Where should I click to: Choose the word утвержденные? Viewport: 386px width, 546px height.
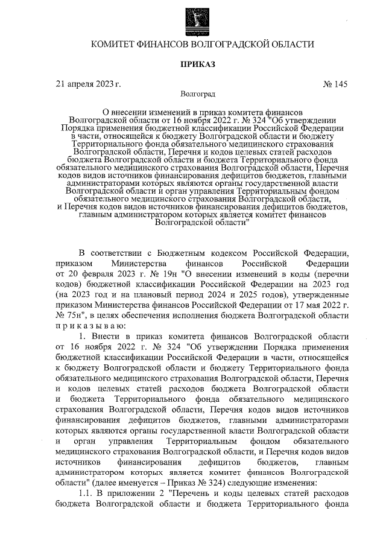click(x=320, y=294)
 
